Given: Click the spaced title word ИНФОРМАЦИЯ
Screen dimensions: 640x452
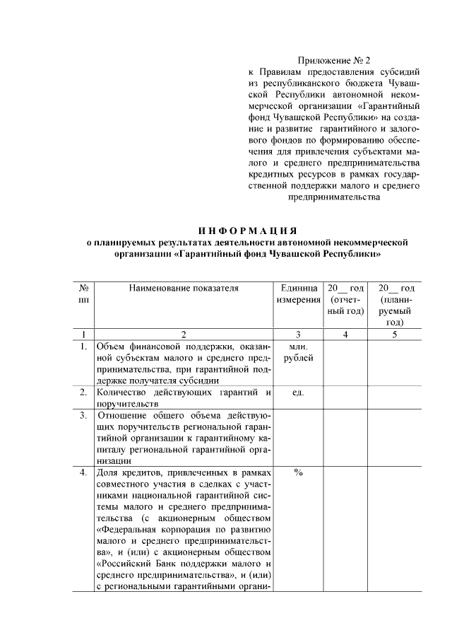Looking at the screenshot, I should (x=246, y=231).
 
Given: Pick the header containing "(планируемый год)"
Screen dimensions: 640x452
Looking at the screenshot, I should (x=394, y=305).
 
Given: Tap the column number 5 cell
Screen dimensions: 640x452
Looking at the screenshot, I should (x=394, y=334).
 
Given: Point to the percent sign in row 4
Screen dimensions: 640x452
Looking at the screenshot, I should (x=298, y=473).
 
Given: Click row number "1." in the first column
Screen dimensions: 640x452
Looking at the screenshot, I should (x=83, y=347).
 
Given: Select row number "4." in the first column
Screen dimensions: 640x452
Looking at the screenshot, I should (x=83, y=473).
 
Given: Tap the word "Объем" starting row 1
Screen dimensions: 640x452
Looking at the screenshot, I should (x=110, y=347).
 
